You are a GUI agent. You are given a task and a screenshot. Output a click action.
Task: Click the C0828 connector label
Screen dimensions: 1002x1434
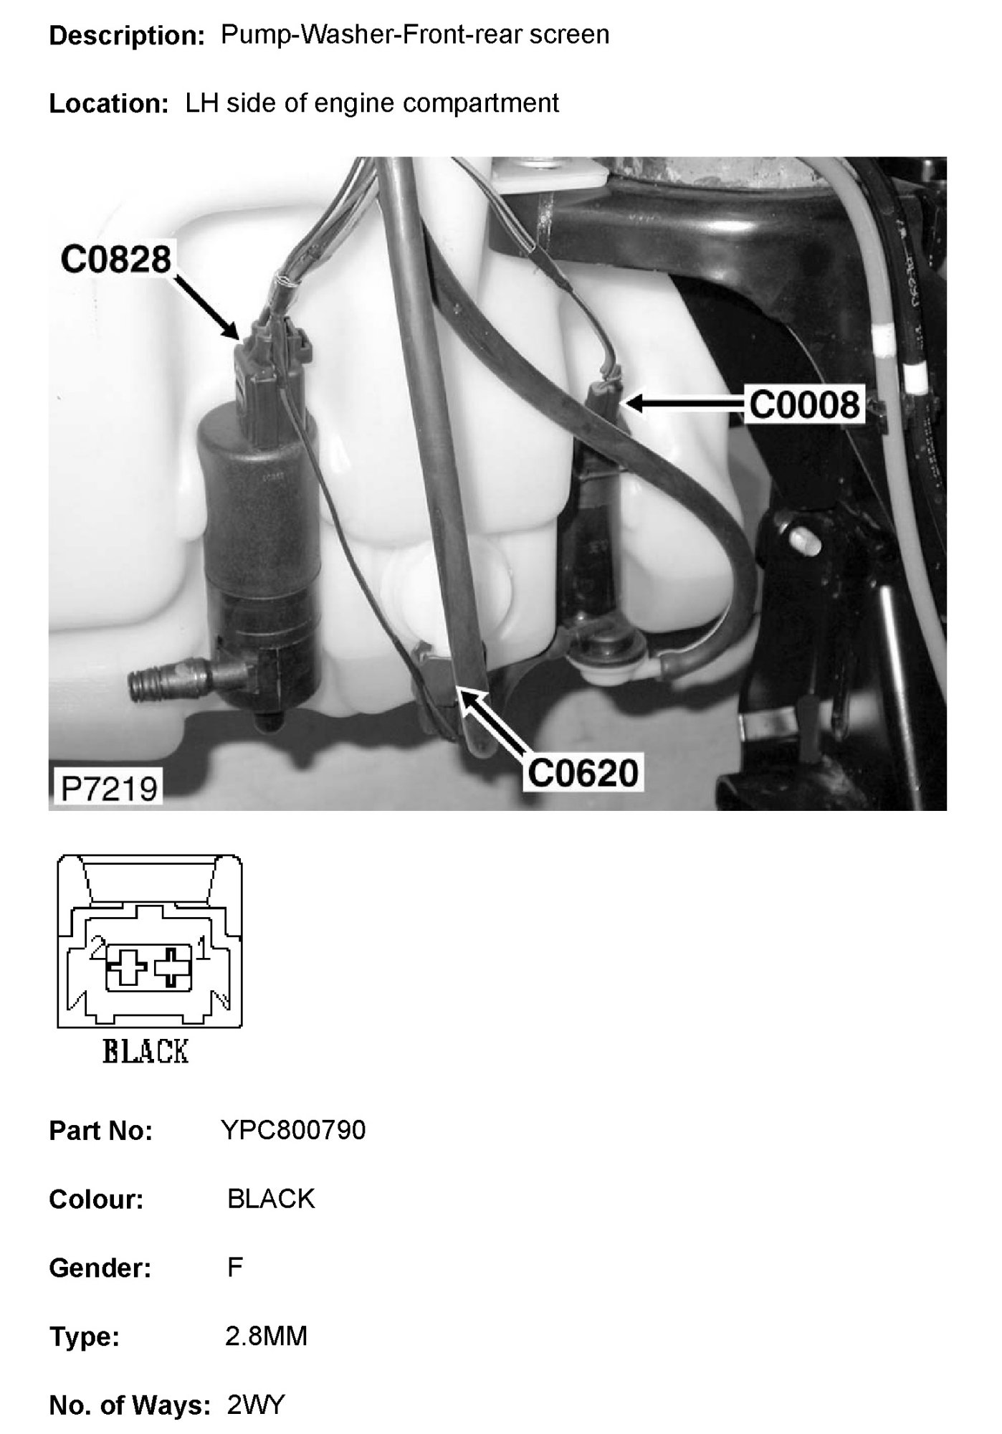point(115,260)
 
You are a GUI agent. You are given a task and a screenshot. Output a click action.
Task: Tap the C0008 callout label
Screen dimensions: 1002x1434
point(803,405)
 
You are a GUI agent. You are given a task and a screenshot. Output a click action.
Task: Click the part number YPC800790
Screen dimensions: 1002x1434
point(293,1131)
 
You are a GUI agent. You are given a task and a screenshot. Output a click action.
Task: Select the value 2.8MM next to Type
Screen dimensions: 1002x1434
point(266,1336)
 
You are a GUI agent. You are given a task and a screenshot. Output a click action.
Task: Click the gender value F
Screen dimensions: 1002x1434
point(234,1268)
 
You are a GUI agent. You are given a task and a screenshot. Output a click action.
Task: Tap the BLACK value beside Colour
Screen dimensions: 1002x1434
point(271,1199)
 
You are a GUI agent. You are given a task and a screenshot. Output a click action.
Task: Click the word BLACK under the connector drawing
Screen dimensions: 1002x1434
point(145,1052)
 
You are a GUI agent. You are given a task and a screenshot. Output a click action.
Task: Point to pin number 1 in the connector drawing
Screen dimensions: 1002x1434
point(202,951)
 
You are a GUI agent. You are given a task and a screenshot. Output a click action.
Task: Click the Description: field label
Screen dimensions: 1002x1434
point(128,36)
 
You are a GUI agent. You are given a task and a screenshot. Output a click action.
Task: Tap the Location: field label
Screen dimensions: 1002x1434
point(108,104)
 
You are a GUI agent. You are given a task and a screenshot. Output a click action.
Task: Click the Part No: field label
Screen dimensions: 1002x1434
point(100,1131)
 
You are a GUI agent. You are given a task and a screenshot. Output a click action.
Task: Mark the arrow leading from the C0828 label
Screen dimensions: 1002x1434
point(207,308)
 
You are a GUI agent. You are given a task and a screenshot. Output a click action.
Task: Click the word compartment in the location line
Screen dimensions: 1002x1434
point(480,103)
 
